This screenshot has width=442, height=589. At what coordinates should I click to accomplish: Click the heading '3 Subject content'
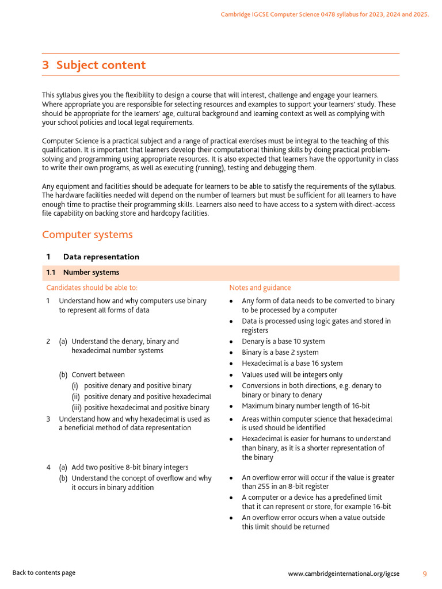point(94,65)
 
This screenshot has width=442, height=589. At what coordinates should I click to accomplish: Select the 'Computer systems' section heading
point(87,235)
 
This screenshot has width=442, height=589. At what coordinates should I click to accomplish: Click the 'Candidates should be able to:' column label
point(92,288)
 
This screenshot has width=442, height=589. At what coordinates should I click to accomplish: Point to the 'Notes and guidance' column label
point(260,288)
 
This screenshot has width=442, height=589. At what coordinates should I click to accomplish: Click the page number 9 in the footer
point(425,573)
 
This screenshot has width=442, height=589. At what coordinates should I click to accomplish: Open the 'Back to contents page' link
point(44,573)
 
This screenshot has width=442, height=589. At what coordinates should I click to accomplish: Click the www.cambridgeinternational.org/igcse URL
point(344,573)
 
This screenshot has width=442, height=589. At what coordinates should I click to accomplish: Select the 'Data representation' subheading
point(101,257)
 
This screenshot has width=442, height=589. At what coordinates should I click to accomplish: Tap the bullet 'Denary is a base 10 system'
point(283,342)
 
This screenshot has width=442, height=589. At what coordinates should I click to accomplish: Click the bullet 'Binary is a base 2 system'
point(280,353)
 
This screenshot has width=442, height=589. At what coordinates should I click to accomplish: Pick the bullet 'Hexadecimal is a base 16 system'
point(292,364)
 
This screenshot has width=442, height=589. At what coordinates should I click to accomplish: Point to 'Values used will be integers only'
point(292,375)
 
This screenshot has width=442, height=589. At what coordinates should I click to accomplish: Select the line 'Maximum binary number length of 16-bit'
point(306,406)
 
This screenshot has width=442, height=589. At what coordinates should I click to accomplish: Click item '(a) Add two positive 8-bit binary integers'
point(129,468)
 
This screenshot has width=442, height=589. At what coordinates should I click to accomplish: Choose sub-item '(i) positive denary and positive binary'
point(138,386)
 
